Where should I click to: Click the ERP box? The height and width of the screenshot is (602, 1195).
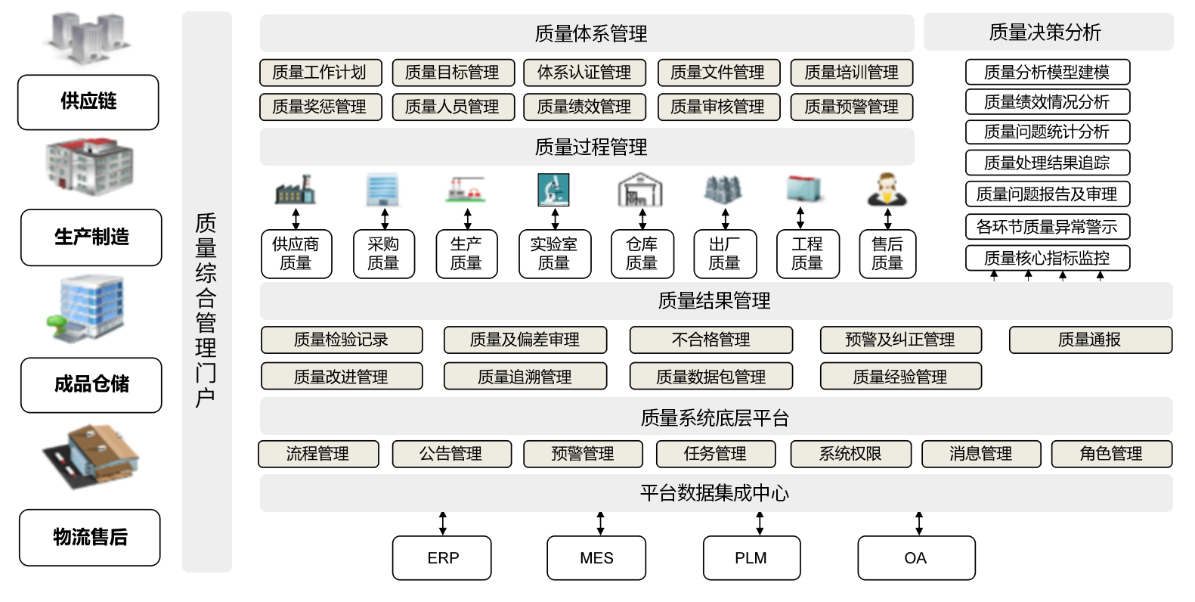pyautogui.click(x=442, y=558)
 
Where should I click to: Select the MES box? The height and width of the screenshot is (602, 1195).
pyautogui.click(x=596, y=558)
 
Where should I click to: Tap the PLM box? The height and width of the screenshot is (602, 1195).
pyautogui.click(x=751, y=558)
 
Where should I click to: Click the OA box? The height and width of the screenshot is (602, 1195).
pyautogui.click(x=916, y=558)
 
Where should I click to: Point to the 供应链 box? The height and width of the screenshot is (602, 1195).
pyautogui.click(x=88, y=102)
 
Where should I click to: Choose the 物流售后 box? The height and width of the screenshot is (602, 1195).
pyautogui.click(x=90, y=538)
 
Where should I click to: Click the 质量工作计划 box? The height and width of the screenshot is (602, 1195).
pyautogui.click(x=320, y=73)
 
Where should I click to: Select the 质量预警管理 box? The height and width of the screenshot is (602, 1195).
pyautogui.click(x=852, y=107)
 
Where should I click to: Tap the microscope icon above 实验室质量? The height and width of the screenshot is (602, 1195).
pyautogui.click(x=553, y=190)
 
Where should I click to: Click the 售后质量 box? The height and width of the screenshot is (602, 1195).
pyautogui.click(x=887, y=254)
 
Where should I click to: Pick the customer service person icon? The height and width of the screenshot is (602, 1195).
pyautogui.click(x=887, y=190)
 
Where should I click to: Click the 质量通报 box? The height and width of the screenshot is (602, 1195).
pyautogui.click(x=1090, y=340)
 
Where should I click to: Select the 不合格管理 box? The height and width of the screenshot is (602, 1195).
pyautogui.click(x=711, y=340)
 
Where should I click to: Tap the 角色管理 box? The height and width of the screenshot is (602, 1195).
pyautogui.click(x=1110, y=454)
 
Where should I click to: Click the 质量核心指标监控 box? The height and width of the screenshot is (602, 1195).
pyautogui.click(x=1048, y=258)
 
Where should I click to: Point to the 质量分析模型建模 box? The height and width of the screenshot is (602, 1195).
pyautogui.click(x=1048, y=73)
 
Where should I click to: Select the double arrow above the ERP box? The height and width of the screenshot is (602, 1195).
pyautogui.click(x=443, y=523)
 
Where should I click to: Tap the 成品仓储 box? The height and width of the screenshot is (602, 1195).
pyautogui.click(x=91, y=385)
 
